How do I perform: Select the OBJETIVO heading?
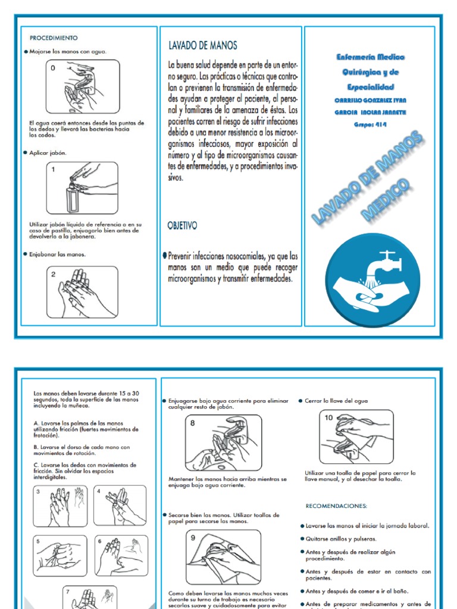[183, 226]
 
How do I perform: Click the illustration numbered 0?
[83, 87]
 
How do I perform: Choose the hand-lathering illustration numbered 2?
[83, 291]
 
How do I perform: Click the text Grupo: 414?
[370, 125]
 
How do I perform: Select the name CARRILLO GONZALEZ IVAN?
[370, 101]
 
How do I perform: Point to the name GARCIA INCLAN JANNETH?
[370, 112]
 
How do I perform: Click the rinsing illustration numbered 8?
[223, 443]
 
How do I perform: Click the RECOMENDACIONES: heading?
[337, 506]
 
